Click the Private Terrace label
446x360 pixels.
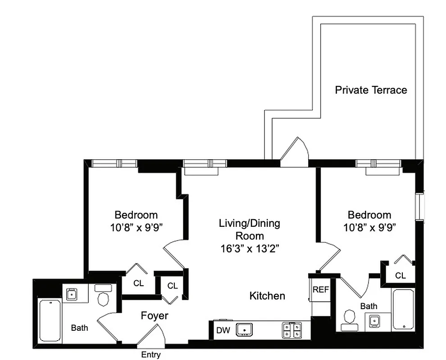pos(371,90)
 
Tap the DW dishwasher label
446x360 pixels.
pos(223,330)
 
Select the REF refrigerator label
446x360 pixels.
pos(321,290)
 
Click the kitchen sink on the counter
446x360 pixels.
pos(244,330)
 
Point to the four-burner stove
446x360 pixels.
pos(291,330)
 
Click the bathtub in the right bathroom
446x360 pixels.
pos(403,309)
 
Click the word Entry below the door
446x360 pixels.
pos(150,355)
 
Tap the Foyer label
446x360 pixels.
pos(155,315)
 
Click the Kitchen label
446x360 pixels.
pos(267,296)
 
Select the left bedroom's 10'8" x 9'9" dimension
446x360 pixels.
pos(136,227)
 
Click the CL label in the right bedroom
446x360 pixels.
pos(400,275)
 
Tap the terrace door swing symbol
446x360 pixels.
pos(294,151)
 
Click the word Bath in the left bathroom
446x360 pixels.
pos(79,328)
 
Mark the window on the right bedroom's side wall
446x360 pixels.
pos(421,207)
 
